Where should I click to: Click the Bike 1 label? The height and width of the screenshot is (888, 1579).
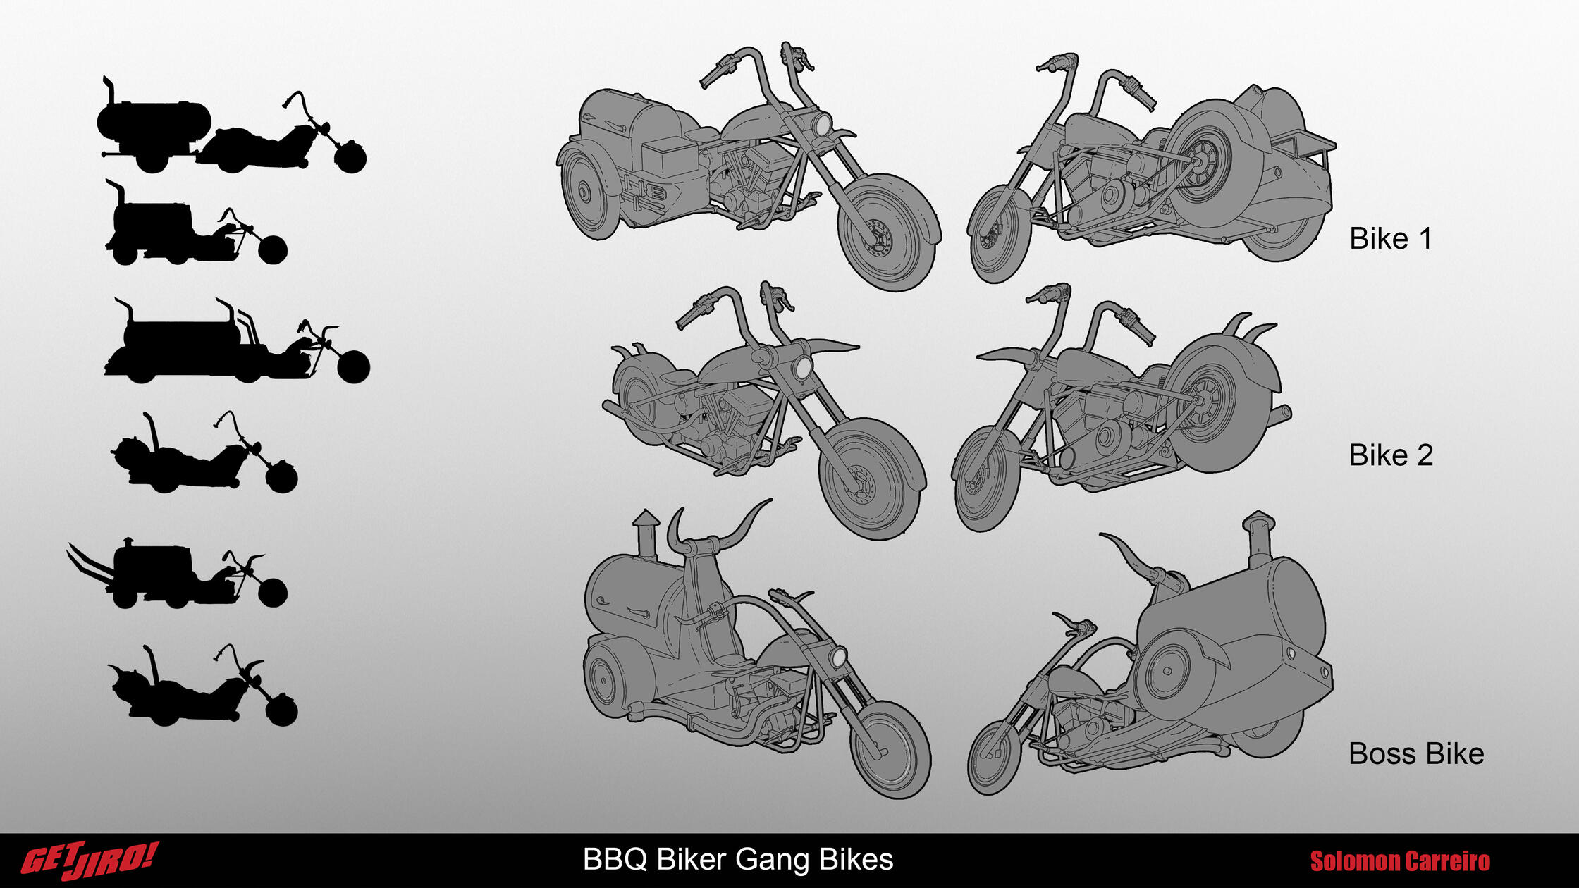coord(1390,239)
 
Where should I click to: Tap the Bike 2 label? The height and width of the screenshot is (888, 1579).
coord(1391,455)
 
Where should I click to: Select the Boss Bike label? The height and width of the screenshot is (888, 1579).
coord(1416,754)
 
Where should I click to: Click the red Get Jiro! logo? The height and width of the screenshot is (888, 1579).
coord(90,861)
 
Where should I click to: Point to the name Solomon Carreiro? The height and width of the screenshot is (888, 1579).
coord(1400,861)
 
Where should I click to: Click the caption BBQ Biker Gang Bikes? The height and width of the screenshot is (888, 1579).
coord(738,860)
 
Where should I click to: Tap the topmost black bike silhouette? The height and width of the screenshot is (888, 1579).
coord(232,125)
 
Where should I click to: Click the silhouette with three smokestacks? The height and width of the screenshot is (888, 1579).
coord(237,341)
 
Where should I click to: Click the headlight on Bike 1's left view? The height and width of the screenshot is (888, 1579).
coord(822,125)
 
